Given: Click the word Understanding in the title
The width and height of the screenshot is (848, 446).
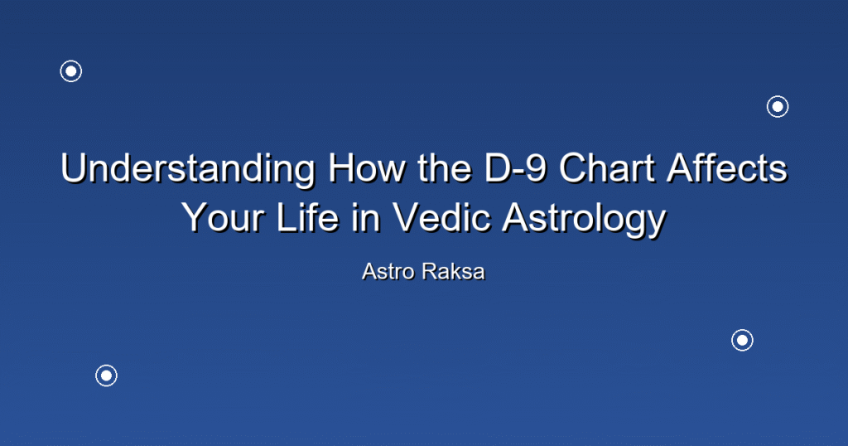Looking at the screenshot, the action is [x=188, y=169].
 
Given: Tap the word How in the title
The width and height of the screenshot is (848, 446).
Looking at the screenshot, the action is [x=367, y=167].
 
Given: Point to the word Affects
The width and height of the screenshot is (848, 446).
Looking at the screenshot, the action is [x=727, y=167].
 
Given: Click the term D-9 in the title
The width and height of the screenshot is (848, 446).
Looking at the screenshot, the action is [x=515, y=167].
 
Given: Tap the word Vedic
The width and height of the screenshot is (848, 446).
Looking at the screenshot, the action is [x=441, y=217].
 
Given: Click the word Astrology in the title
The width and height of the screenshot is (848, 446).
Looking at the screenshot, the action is [x=584, y=220].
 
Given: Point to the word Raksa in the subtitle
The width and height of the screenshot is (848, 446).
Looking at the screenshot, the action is [x=453, y=272].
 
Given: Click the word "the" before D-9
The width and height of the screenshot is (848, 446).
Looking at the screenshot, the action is [x=445, y=167].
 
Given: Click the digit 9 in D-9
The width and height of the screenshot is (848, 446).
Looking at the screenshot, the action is [x=536, y=167].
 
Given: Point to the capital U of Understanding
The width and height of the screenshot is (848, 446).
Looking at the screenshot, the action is [x=73, y=167].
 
